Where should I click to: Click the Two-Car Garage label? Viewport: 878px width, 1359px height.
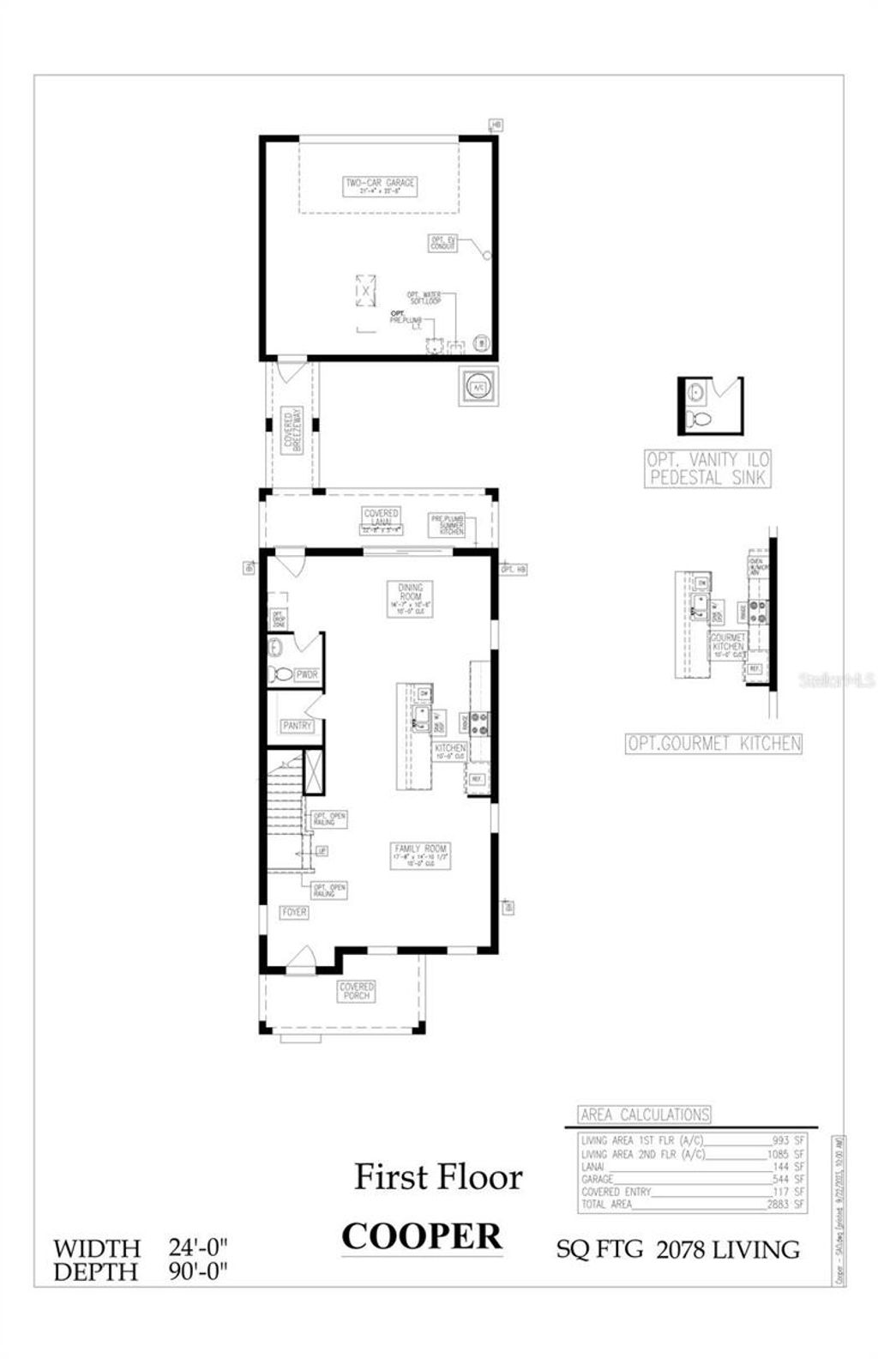tap(380, 186)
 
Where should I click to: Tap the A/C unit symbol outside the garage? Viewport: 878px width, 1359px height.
tap(478, 387)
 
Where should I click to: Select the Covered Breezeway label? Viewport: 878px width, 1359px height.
tap(293, 432)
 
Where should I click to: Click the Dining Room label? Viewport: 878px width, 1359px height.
tap(411, 599)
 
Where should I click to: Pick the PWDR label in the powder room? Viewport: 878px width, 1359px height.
tap(306, 675)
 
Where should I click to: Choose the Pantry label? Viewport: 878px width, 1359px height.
tap(297, 726)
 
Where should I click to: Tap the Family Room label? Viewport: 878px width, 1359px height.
tap(420, 855)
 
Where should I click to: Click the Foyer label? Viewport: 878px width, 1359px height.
tap(294, 913)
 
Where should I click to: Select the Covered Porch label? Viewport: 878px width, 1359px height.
tap(356, 991)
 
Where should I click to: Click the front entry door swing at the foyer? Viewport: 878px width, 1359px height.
tap(300, 959)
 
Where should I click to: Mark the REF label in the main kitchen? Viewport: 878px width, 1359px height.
tap(477, 780)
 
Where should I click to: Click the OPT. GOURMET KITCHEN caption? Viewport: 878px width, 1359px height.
tap(713, 744)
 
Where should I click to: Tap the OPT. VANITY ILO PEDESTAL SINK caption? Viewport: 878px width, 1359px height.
tap(708, 469)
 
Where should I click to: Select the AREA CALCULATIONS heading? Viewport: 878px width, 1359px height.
tap(645, 1114)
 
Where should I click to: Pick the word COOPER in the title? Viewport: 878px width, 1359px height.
tap(422, 1236)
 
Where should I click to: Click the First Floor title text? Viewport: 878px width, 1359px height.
tap(438, 1176)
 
